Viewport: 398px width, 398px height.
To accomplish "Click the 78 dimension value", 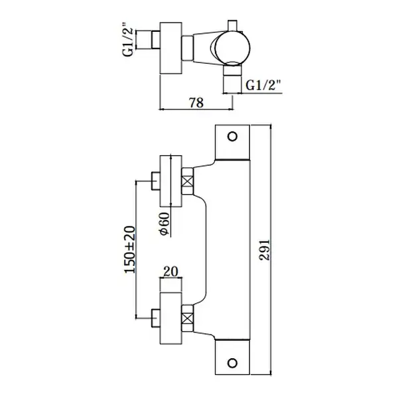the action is [196, 103].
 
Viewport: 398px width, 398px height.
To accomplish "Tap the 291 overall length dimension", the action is [265, 249].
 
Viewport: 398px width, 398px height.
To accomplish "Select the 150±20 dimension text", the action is [130, 249].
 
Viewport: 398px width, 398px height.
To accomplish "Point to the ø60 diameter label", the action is [164, 224].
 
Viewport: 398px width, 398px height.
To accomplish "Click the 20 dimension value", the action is [170, 271].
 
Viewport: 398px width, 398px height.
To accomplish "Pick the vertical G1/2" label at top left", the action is [128, 39].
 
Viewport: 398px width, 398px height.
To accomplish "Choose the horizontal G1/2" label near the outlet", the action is [264, 85].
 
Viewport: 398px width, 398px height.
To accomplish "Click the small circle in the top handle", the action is [232, 137].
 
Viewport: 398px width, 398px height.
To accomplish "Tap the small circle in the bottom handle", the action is [232, 363].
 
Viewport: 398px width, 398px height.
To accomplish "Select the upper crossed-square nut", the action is [188, 182].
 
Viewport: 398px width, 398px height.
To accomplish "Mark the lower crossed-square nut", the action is [188, 318].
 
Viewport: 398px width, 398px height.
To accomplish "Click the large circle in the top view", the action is [233, 48].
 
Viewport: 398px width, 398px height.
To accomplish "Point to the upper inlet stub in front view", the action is [155, 181].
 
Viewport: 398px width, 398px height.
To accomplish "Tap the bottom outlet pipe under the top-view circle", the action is [232, 79].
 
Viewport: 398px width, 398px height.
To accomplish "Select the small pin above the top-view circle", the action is [232, 26].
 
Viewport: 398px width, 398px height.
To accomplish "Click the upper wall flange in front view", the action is [171, 181].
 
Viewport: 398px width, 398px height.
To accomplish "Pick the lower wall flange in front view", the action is [171, 318].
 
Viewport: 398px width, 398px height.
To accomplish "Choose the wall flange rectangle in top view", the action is [171, 48].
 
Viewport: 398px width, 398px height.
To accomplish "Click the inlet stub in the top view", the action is [155, 39].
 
